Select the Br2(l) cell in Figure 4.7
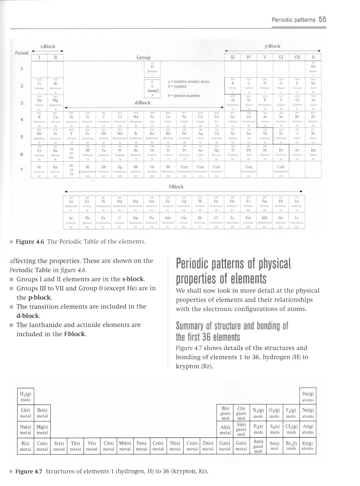[291, 446]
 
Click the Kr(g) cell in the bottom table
[308, 446]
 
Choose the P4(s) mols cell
[258, 429]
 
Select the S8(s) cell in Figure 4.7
[275, 429]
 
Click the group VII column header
[297, 57]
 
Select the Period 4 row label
[22, 120]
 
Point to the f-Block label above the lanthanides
[176, 187]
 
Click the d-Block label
[142, 103]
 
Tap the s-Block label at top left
[47, 46]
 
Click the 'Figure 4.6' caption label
[30, 242]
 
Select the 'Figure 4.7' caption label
[29, 471]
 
